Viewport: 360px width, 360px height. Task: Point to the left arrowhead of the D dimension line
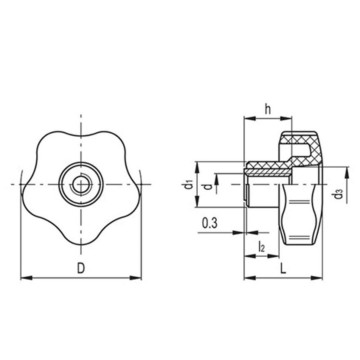tap(24, 277)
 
